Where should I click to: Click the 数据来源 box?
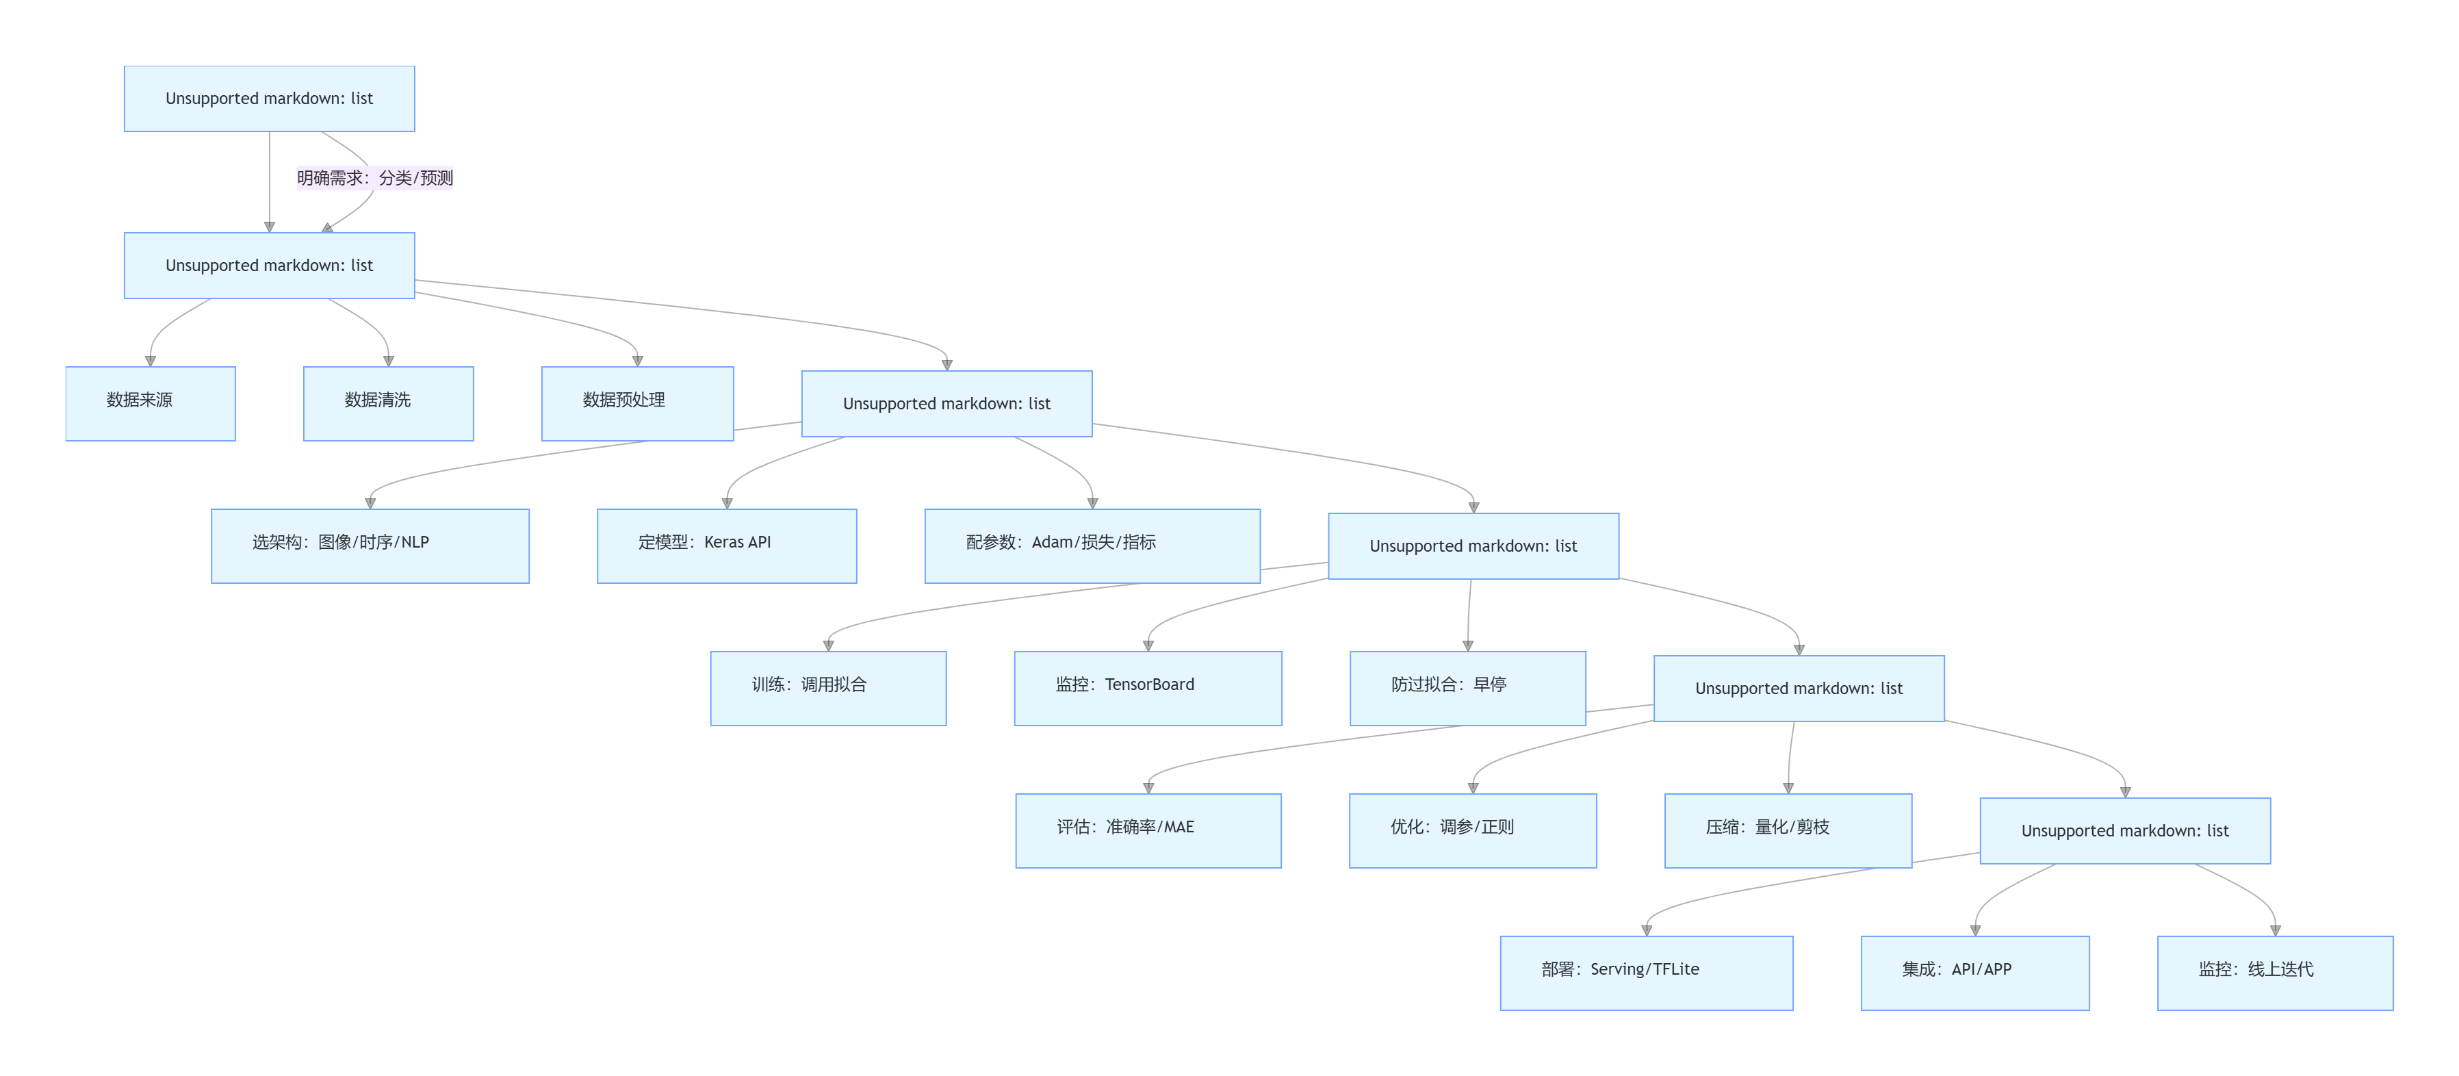tap(150, 403)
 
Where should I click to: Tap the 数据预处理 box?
tap(636, 403)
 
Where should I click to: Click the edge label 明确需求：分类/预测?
tap(374, 177)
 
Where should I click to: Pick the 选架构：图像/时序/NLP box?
tap(370, 545)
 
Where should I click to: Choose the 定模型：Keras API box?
tap(726, 545)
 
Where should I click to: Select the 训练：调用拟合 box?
tap(827, 687)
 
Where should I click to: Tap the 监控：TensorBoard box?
tap(1148, 687)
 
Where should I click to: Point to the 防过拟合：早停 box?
tap(1467, 687)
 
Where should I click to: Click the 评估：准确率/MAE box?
tap(1148, 830)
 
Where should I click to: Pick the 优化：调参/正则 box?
tap(1472, 830)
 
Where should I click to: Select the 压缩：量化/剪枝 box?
tap(1787, 830)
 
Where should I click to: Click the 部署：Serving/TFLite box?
tap(1646, 972)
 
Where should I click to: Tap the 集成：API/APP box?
tap(1974, 972)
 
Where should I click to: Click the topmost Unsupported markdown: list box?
tap(269, 99)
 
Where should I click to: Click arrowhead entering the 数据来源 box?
tap(150, 361)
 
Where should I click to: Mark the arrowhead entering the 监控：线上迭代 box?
tap(2275, 930)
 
